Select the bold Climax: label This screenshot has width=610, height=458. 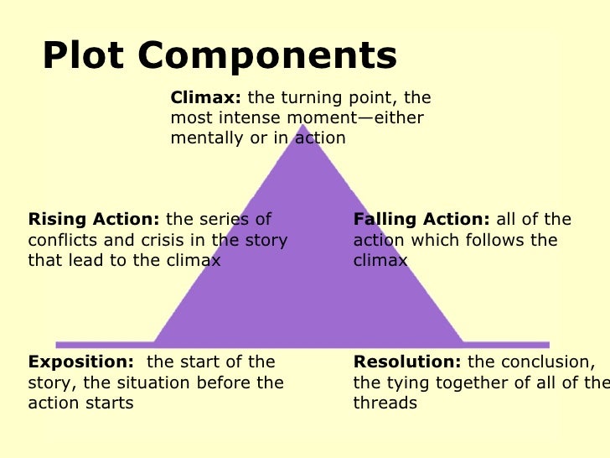(206, 98)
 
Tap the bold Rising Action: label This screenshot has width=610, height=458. (93, 220)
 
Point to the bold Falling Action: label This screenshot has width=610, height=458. (421, 220)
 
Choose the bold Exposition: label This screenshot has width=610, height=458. (80, 362)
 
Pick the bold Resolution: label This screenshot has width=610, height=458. (407, 362)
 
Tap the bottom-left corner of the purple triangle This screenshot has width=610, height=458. (155, 343)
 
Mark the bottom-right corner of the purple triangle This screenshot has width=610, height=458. (463, 343)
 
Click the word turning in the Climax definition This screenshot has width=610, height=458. (307, 98)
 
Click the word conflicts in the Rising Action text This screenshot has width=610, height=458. (61, 241)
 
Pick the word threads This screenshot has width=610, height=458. (385, 403)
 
